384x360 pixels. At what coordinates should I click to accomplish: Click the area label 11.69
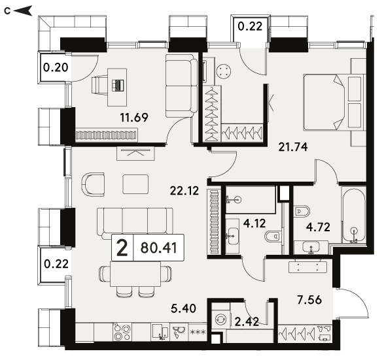pos(134,118)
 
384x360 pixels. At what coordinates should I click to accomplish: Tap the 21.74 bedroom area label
pos(293,147)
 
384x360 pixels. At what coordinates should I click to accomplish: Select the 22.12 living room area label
pos(184,191)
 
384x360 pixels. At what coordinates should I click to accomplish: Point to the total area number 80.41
pos(159,248)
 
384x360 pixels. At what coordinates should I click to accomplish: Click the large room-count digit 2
pos(122,248)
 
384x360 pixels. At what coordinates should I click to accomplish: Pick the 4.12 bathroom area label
pos(254,223)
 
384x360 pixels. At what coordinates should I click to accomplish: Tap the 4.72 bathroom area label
pos(318,227)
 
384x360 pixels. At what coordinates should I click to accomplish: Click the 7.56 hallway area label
pos(309,300)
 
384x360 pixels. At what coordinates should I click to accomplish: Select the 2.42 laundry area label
pos(247,321)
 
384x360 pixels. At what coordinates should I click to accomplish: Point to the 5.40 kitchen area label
pos(183,308)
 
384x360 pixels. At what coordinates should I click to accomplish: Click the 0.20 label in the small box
pos(56,67)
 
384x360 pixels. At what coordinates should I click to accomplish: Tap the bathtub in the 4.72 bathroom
pos(354,215)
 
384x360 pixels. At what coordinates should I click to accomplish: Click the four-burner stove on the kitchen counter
pos(122,332)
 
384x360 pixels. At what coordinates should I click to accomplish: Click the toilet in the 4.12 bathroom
pos(272,237)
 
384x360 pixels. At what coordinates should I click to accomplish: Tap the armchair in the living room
pos(93,184)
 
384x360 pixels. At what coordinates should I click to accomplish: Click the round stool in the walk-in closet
pos(224,72)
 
